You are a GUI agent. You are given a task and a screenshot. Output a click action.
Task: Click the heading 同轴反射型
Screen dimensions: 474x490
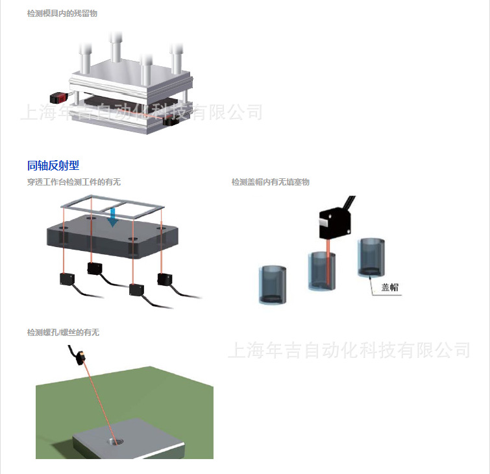[x=53, y=166]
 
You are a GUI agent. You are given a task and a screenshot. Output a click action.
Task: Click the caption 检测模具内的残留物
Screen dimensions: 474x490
[x=62, y=13]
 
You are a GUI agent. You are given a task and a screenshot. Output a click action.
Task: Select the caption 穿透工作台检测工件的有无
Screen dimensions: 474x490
[x=74, y=182]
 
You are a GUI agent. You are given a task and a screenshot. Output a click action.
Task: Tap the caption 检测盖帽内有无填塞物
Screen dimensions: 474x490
[x=271, y=182]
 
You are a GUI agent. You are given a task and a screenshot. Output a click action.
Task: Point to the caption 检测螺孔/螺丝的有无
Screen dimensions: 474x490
[x=64, y=333]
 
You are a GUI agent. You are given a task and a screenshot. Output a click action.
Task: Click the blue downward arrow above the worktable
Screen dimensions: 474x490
[x=114, y=217]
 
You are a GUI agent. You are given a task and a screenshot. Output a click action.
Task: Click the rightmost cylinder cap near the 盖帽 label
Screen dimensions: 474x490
[x=372, y=259]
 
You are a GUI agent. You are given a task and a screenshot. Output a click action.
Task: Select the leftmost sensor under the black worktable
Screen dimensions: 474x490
[x=67, y=279]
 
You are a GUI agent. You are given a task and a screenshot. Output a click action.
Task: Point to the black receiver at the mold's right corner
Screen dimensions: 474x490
[x=173, y=121]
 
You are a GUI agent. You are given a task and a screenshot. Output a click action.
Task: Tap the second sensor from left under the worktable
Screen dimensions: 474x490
[x=95, y=267]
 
